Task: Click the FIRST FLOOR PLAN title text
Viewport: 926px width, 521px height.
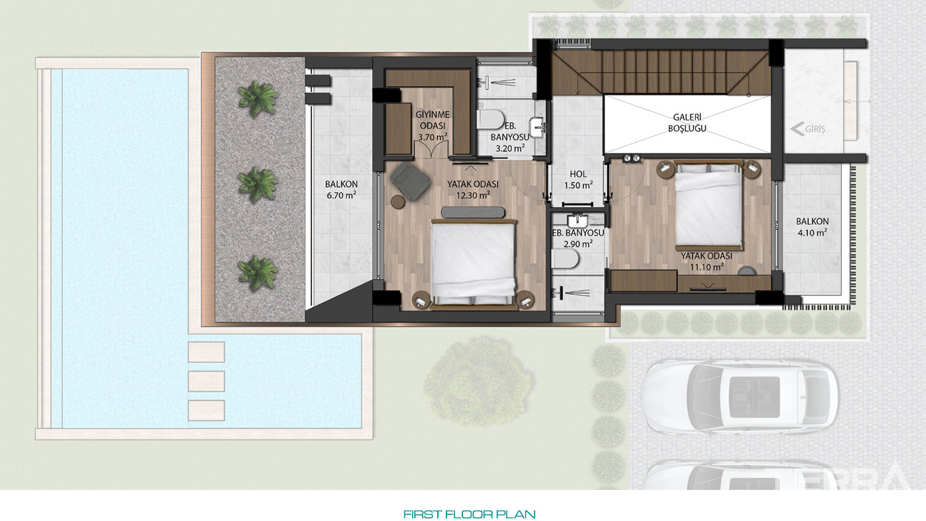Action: [469, 514]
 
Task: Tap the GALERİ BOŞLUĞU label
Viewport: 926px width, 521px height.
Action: [687, 123]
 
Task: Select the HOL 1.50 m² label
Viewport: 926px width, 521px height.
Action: [578, 180]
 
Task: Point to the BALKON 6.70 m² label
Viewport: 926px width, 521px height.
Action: [341, 190]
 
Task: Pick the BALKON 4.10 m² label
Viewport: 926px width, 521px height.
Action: [812, 227]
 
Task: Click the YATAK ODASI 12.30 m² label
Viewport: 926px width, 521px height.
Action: [473, 190]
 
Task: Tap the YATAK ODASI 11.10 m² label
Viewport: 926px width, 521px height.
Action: [706, 262]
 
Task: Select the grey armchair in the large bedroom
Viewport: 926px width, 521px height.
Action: [410, 181]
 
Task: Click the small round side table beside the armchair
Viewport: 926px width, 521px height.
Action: [398, 202]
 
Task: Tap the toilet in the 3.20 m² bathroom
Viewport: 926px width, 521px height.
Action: [491, 119]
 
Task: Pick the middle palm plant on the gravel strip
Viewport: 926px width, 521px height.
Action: [257, 183]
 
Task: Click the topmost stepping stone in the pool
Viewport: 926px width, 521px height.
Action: [206, 352]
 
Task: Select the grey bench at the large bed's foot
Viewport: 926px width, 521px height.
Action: [473, 212]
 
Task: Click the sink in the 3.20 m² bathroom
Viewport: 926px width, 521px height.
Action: [537, 127]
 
